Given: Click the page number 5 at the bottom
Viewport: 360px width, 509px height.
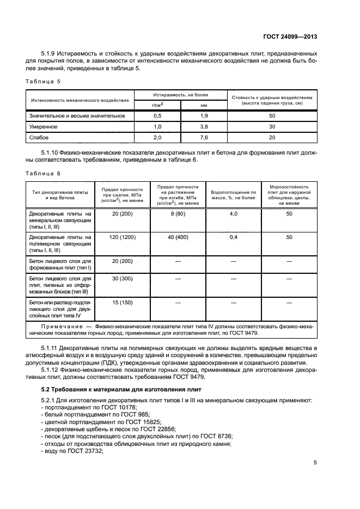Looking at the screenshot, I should pos(315,463).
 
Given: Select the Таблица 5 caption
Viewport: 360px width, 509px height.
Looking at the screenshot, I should pos(44,81).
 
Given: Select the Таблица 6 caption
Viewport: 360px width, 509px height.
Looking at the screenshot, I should pos(44,173).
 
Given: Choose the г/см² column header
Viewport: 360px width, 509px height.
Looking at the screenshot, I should pos(158,105).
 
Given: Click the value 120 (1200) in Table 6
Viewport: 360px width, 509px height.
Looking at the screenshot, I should pos(123,237).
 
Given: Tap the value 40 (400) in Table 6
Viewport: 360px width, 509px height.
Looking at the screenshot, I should pos(178,237).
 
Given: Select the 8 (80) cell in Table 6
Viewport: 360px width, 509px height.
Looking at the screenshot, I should pos(178,214).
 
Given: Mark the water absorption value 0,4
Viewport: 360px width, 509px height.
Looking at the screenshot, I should pos(233,237).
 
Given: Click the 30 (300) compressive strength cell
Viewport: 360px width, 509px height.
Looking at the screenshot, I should pos(123,278).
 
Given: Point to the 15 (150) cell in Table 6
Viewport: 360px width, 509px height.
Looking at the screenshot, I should pos(123,302).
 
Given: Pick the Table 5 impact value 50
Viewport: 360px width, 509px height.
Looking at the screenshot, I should pos(272,116).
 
